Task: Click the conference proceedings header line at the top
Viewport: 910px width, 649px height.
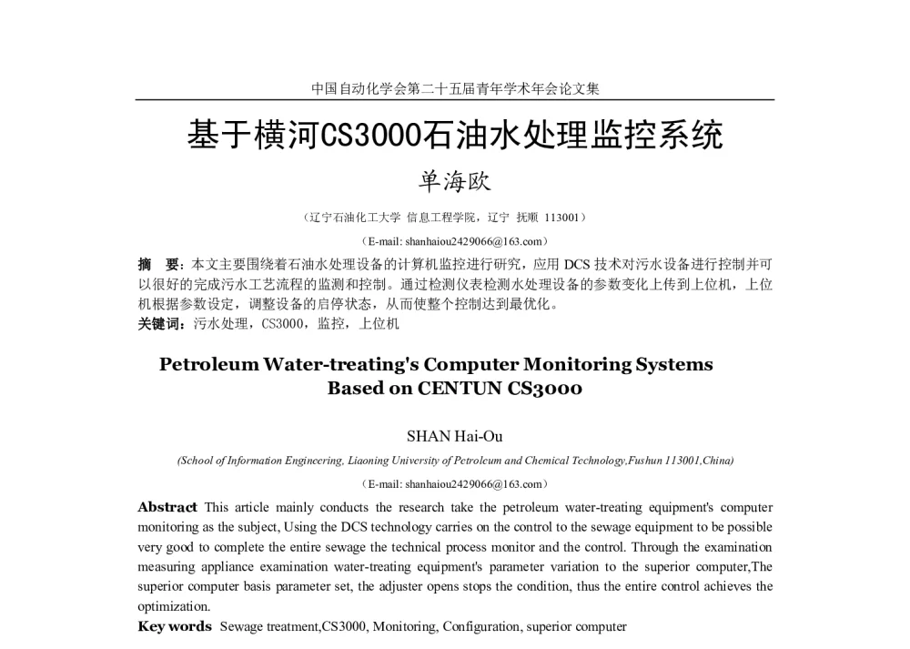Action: pyautogui.click(x=455, y=88)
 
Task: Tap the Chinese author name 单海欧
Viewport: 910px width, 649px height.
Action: pyautogui.click(x=454, y=181)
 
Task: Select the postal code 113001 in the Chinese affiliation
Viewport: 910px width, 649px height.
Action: pyautogui.click(x=564, y=218)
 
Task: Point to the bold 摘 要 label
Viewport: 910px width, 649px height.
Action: pyautogui.click(x=157, y=265)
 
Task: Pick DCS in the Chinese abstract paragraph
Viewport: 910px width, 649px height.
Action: pyautogui.click(x=578, y=265)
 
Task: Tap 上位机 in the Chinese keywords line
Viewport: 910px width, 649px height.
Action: pyautogui.click(x=379, y=323)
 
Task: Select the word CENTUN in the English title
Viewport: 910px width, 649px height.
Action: pyautogui.click(x=461, y=389)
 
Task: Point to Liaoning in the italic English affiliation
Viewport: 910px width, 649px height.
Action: pyautogui.click(x=370, y=461)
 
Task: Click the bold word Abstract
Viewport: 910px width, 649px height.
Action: pyautogui.click(x=167, y=507)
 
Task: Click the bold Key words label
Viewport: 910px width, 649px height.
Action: pyautogui.click(x=175, y=626)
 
